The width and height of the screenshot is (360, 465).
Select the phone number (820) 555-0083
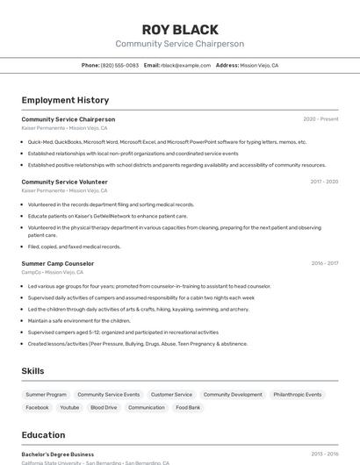point(119,66)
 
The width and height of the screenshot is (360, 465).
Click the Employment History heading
point(65,101)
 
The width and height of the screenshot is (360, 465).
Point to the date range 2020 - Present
point(320,119)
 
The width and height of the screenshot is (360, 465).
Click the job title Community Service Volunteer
point(65,182)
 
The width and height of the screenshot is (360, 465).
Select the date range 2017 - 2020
point(324,182)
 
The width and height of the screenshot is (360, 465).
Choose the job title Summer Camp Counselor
point(58,263)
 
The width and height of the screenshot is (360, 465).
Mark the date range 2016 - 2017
point(324,263)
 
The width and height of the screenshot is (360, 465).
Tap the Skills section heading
point(32,371)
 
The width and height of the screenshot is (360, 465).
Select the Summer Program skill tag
point(46,395)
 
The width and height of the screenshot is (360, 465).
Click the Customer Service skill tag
point(171,395)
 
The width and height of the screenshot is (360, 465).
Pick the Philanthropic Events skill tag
point(297,395)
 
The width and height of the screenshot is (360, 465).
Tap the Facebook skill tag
point(37,408)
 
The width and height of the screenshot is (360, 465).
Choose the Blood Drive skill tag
point(104,408)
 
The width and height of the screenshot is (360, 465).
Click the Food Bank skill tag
point(188,408)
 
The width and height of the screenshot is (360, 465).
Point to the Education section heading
point(43,434)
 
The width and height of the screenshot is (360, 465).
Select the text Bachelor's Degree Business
point(58,454)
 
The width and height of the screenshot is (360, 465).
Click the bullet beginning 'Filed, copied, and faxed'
point(74,247)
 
